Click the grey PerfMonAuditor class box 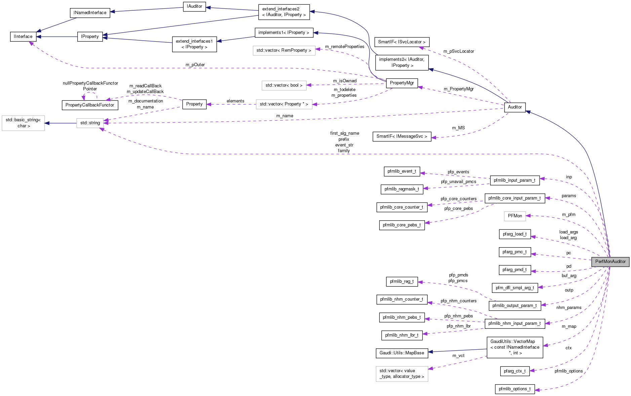pyautogui.click(x=610, y=262)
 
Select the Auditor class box pyautogui.click(x=514, y=107)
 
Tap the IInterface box pyautogui.click(x=23, y=37)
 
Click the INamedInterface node pyautogui.click(x=90, y=13)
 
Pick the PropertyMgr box pyautogui.click(x=402, y=83)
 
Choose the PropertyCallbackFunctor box pyautogui.click(x=90, y=105)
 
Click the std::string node pyautogui.click(x=90, y=123)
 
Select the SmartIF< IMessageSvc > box pyautogui.click(x=402, y=136)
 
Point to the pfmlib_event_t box pyautogui.click(x=402, y=171)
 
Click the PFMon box pyautogui.click(x=515, y=216)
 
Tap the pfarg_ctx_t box pyautogui.click(x=514, y=371)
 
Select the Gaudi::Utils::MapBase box pyautogui.click(x=402, y=353)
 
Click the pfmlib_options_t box pyautogui.click(x=514, y=389)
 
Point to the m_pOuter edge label pyautogui.click(x=195, y=65)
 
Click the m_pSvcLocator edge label pyautogui.click(x=459, y=51)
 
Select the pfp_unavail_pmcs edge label pyautogui.click(x=459, y=182)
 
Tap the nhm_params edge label pyautogui.click(x=568, y=308)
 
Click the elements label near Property pyautogui.click(x=235, y=101)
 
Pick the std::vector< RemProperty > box pyautogui.click(x=284, y=50)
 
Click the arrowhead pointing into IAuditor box pyautogui.click(x=208, y=7)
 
